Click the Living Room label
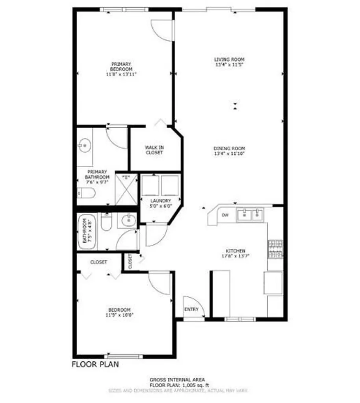point(226,59)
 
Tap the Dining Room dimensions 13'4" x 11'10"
point(226,154)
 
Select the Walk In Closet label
point(154,150)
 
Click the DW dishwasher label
point(225,215)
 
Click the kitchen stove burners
point(275,249)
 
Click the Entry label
point(191,309)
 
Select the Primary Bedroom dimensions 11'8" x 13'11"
point(121,74)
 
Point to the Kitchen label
point(235,251)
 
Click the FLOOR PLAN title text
point(95,364)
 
